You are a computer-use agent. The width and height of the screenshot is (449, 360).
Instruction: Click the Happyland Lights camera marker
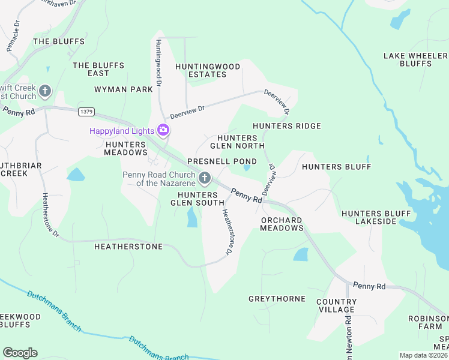pyautogui.click(x=163, y=130)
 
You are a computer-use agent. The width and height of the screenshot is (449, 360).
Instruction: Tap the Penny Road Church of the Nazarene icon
pyautogui.click(x=205, y=178)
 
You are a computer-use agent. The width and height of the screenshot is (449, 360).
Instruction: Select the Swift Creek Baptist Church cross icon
pyautogui.click(x=44, y=92)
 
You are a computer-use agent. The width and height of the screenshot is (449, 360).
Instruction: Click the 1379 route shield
pyautogui.click(x=86, y=112)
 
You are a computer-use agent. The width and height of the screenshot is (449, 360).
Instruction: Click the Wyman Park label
pyautogui.click(x=124, y=89)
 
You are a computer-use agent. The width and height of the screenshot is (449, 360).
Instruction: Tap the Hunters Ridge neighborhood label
pyautogui.click(x=287, y=126)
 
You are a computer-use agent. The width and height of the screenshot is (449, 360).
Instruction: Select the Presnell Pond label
pyautogui.click(x=222, y=161)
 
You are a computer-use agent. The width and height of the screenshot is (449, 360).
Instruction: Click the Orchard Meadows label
pyautogui.click(x=282, y=224)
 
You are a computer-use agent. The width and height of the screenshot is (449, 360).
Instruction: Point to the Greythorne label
pyautogui.click(x=277, y=298)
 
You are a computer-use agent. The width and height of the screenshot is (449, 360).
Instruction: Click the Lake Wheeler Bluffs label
pyautogui.click(x=415, y=59)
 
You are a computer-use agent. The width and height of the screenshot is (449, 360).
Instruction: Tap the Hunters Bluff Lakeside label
pyautogui.click(x=369, y=217)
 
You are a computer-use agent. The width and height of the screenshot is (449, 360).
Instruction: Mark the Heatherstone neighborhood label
pyautogui.click(x=128, y=247)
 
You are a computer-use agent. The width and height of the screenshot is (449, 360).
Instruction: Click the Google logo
pyautogui.click(x=20, y=353)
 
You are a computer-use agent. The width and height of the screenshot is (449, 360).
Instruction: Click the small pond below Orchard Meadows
pyautogui.click(x=300, y=254)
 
